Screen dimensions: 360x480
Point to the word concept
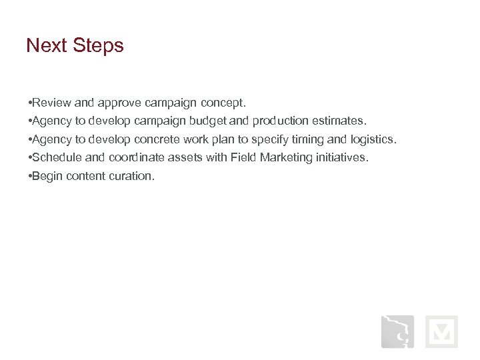(x=223, y=103)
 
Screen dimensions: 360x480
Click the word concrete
(x=158, y=140)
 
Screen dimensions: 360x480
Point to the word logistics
(x=373, y=140)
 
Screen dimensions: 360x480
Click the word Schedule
(x=57, y=158)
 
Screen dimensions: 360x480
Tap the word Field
(x=243, y=158)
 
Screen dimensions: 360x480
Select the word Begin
(x=48, y=177)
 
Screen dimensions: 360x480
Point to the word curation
(x=133, y=177)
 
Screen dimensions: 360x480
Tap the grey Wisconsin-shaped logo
(x=397, y=331)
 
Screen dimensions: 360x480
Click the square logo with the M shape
(x=441, y=331)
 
